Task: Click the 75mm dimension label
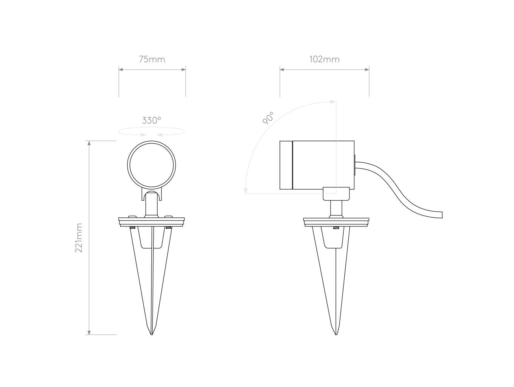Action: (152, 60)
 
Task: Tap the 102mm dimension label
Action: (324, 60)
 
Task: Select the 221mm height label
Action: (79, 238)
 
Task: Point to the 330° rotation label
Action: (151, 120)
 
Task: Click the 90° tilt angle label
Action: (268, 118)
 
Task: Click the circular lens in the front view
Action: (151, 166)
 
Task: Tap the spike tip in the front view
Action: (151, 334)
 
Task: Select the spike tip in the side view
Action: (336, 334)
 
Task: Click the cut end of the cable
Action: (442, 215)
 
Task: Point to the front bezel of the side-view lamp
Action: (286, 165)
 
